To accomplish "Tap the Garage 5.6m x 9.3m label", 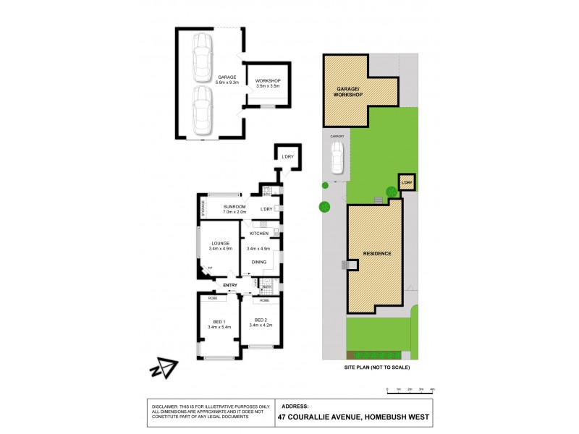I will pos(227,80).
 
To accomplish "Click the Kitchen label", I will pos(259,234).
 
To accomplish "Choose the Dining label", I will pos(259,263).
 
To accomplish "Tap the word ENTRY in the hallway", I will pos(230,286).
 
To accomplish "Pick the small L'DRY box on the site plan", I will pos(406,184).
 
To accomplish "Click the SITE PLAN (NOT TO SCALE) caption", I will pos(376,368).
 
